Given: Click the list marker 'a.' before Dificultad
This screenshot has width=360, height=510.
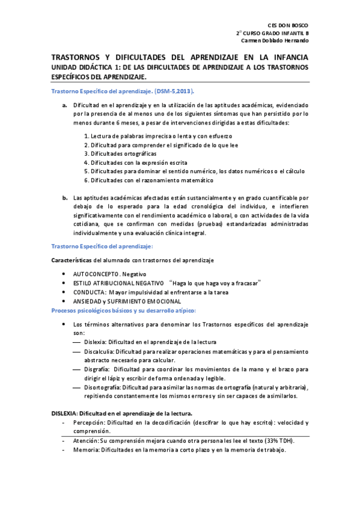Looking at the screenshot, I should pyautogui.click(x=65, y=105).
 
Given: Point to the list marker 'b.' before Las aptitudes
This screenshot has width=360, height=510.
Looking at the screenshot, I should pyautogui.click(x=65, y=197).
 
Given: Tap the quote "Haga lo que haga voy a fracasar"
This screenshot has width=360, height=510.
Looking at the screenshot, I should pyautogui.click(x=216, y=283).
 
